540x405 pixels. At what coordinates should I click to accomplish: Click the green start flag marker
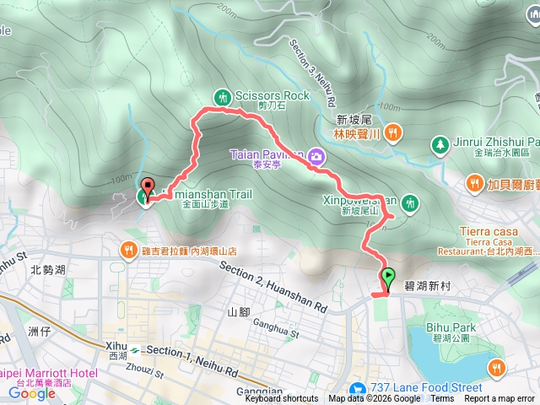[388, 276]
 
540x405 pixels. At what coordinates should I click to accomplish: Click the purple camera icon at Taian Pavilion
[316, 155]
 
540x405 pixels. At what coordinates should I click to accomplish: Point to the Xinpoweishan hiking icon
[410, 202]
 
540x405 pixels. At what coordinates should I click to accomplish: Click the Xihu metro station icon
[135, 347]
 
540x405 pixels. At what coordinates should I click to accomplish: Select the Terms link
[442, 399]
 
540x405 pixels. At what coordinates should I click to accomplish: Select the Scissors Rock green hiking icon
[222, 96]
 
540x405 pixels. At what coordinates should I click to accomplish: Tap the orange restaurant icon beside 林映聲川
[397, 132]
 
